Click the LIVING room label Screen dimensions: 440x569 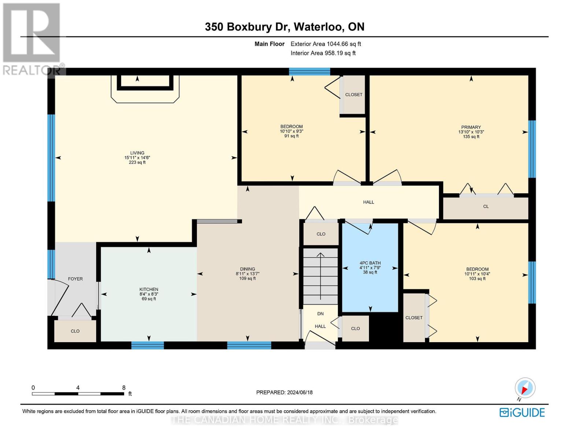point(137,153)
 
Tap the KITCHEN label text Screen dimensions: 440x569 point(149,289)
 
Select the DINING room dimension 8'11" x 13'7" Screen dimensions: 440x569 point(247,274)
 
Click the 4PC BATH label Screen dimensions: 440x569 point(370,263)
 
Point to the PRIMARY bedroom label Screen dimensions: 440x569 point(471,127)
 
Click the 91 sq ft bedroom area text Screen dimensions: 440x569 point(291,136)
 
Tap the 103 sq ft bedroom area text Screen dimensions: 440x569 point(477,279)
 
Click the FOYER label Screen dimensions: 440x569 point(75,279)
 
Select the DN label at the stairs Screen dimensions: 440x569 point(320,313)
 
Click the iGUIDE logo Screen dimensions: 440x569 point(522,412)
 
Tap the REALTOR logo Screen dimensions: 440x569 point(32,38)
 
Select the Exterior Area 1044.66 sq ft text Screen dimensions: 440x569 point(326,44)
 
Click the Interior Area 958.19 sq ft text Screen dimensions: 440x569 point(323,53)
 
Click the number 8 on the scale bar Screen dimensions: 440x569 point(124,388)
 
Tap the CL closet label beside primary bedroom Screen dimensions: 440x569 point(486,206)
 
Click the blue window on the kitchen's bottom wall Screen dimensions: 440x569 point(147,345)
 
